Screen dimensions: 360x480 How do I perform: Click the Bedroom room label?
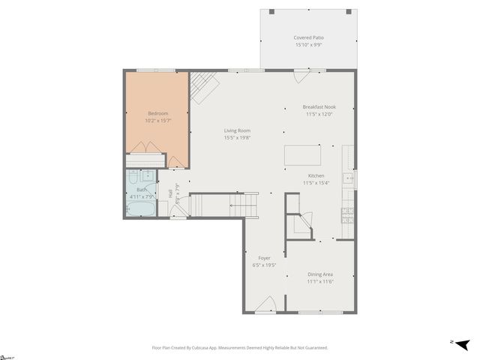point(157,113)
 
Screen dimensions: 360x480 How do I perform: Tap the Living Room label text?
point(236,130)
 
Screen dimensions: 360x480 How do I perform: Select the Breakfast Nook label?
point(319,106)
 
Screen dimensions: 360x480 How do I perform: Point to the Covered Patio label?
point(308,37)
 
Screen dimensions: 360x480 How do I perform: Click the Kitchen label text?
point(316,175)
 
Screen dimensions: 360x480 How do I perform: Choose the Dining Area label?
point(319,274)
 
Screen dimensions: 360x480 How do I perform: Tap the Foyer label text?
point(264,258)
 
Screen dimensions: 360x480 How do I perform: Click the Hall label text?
point(170,193)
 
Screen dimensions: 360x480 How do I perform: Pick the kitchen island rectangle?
point(302,155)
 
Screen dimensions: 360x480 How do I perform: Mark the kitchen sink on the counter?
point(348,178)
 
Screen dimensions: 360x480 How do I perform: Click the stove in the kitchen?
point(347,215)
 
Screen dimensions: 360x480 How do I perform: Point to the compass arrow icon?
point(461,343)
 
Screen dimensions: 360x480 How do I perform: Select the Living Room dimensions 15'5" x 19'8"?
point(236,138)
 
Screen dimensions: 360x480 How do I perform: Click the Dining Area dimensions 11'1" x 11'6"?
point(319,282)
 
